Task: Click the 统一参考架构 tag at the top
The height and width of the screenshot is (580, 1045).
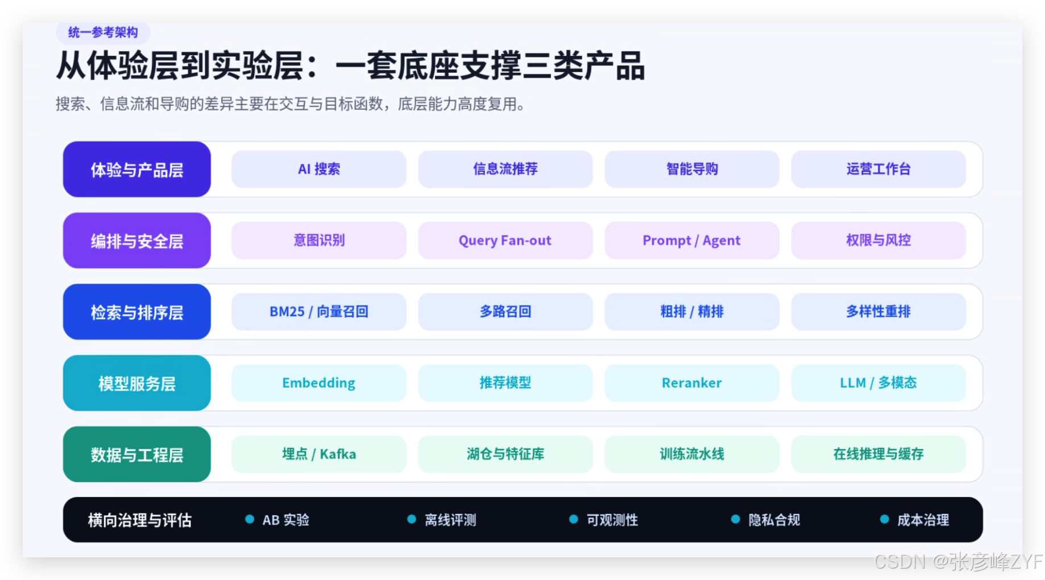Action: (x=103, y=32)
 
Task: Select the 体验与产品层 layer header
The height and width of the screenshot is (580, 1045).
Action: (x=137, y=169)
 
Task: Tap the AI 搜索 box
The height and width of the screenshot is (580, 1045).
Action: (x=319, y=169)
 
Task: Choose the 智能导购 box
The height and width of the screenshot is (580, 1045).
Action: (x=692, y=169)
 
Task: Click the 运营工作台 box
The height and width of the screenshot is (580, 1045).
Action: (x=878, y=169)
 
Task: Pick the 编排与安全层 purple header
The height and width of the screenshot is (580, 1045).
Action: (x=137, y=241)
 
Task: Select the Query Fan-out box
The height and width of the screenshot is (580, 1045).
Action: (x=505, y=241)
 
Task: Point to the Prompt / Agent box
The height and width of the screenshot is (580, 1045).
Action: (x=692, y=241)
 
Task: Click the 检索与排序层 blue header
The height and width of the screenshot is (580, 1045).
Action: (x=137, y=312)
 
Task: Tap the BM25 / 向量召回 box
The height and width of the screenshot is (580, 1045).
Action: (x=319, y=312)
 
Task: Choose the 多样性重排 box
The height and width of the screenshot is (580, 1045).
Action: (x=878, y=312)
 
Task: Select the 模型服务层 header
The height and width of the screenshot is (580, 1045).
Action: (x=137, y=383)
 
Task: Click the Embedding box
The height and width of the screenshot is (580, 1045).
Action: (x=319, y=383)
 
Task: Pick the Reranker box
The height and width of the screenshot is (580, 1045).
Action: (x=692, y=383)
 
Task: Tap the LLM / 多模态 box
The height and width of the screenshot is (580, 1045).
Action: (x=878, y=383)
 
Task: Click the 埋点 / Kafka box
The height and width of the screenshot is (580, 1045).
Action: (x=319, y=454)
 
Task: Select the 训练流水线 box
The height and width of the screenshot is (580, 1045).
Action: (x=692, y=454)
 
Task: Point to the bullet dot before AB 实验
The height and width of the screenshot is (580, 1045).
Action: (x=250, y=519)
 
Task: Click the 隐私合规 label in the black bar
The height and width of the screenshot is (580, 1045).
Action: (x=774, y=520)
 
